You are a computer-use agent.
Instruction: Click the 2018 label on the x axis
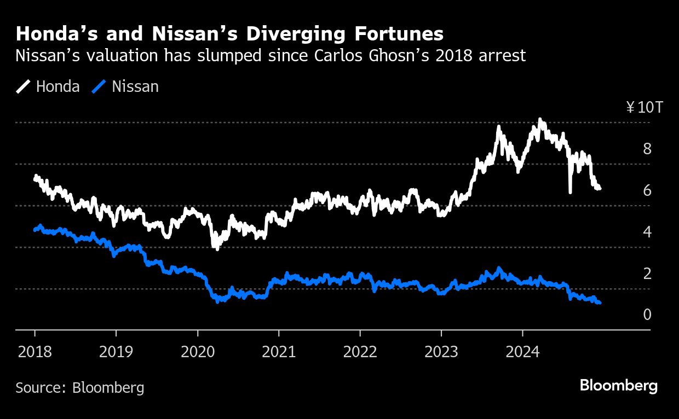pyautogui.click(x=34, y=351)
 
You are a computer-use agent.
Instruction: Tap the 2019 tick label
pyautogui.click(x=116, y=351)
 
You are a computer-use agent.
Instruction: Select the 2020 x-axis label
pyautogui.click(x=197, y=351)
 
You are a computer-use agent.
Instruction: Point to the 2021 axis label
pyautogui.click(x=279, y=351)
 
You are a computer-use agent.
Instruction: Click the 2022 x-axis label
pyautogui.click(x=360, y=351)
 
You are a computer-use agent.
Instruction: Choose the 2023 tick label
pyautogui.click(x=441, y=351)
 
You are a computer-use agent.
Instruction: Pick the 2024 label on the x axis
pyautogui.click(x=522, y=351)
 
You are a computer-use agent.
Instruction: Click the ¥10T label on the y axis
pyautogui.click(x=644, y=107)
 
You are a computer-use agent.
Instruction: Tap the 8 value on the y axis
pyautogui.click(x=647, y=149)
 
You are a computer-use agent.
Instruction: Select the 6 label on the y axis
pyautogui.click(x=647, y=190)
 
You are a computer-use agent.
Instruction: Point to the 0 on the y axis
pyautogui.click(x=647, y=315)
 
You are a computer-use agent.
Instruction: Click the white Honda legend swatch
pyautogui.click(x=24, y=86)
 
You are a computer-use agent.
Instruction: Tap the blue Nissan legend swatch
pyautogui.click(x=100, y=86)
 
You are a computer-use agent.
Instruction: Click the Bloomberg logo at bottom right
pyautogui.click(x=618, y=386)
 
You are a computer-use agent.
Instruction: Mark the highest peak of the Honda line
pyautogui.click(x=540, y=119)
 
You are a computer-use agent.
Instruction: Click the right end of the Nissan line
pyautogui.click(x=600, y=302)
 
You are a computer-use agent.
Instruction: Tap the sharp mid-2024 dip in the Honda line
pyautogui.click(x=570, y=191)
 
